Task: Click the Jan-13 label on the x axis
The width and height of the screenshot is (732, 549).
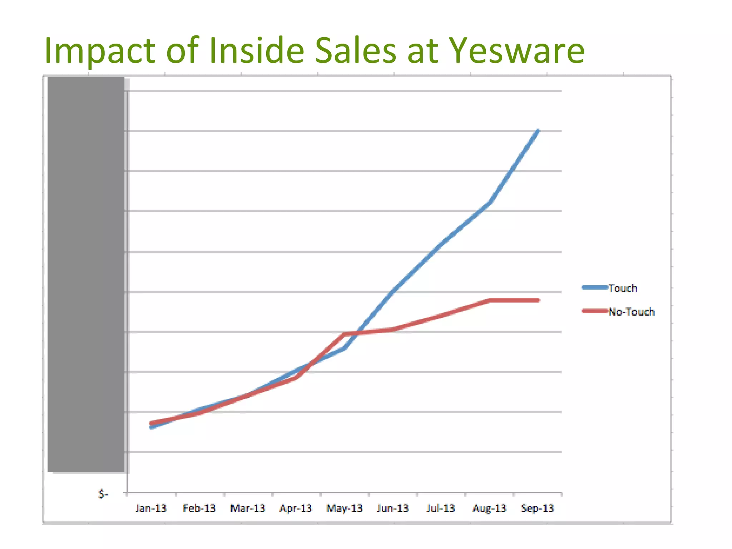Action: (x=151, y=508)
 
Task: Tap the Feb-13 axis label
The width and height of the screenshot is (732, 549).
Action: (x=199, y=508)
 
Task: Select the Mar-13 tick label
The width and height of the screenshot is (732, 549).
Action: (x=248, y=508)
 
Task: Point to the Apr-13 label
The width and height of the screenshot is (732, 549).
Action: (x=296, y=508)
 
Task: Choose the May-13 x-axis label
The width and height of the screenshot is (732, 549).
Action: (x=344, y=508)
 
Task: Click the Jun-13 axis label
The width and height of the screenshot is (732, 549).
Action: (x=392, y=508)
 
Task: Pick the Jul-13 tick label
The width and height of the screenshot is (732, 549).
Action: (x=440, y=508)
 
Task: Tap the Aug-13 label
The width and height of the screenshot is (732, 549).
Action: (x=489, y=508)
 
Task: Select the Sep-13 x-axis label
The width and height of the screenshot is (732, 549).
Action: (x=537, y=508)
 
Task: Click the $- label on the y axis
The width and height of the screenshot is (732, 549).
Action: (x=103, y=494)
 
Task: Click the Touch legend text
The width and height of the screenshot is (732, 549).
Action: (x=623, y=288)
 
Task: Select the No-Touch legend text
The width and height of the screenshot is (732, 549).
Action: (x=632, y=312)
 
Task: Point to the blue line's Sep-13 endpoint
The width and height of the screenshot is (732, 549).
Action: (x=538, y=131)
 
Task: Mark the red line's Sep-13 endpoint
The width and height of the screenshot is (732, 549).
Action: (x=538, y=300)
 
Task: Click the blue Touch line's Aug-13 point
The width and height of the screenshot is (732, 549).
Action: (x=489, y=202)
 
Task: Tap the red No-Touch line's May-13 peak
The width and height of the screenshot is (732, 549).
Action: (x=344, y=334)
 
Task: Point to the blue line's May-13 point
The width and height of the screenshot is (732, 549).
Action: (x=344, y=348)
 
